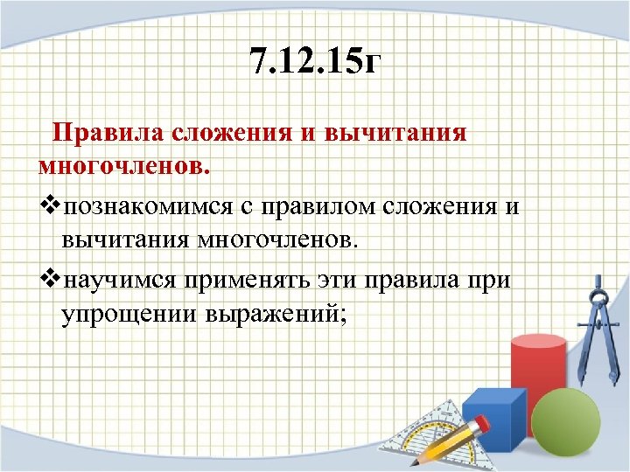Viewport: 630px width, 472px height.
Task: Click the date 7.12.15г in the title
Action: click(315, 62)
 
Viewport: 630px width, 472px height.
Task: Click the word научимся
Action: click(120, 280)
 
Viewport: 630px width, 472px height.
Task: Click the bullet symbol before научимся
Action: click(50, 280)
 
